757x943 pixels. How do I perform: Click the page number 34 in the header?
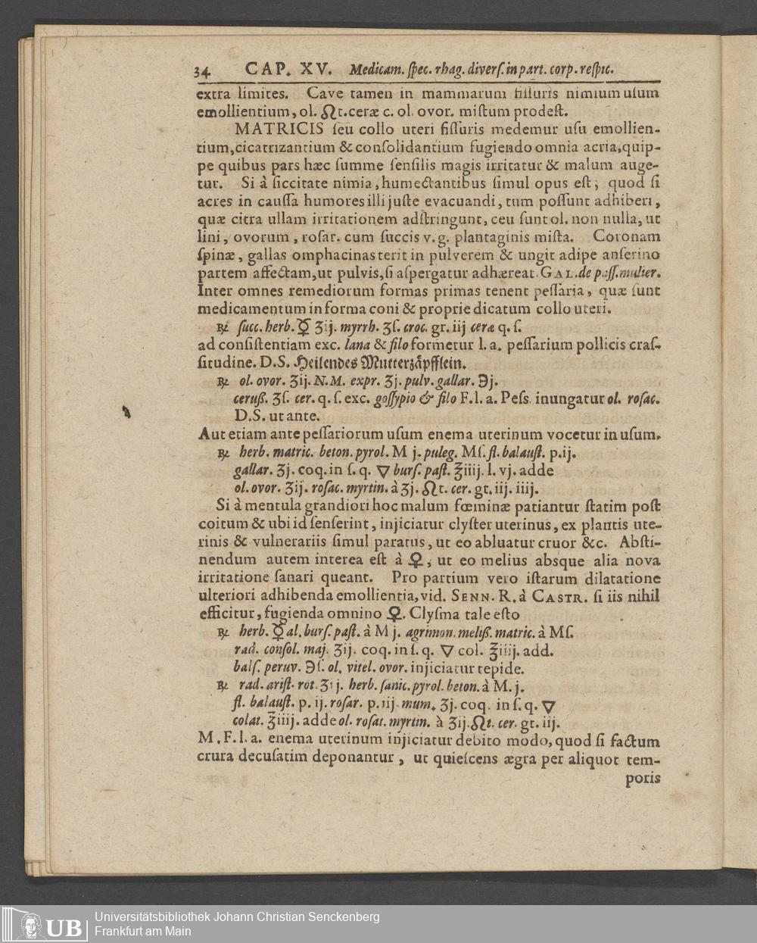click(x=202, y=72)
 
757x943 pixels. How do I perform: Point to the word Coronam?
click(x=627, y=236)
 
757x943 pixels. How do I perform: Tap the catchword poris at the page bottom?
click(x=643, y=778)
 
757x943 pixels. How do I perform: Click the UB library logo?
click(x=44, y=926)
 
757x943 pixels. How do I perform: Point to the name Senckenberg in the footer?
click(x=337, y=916)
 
